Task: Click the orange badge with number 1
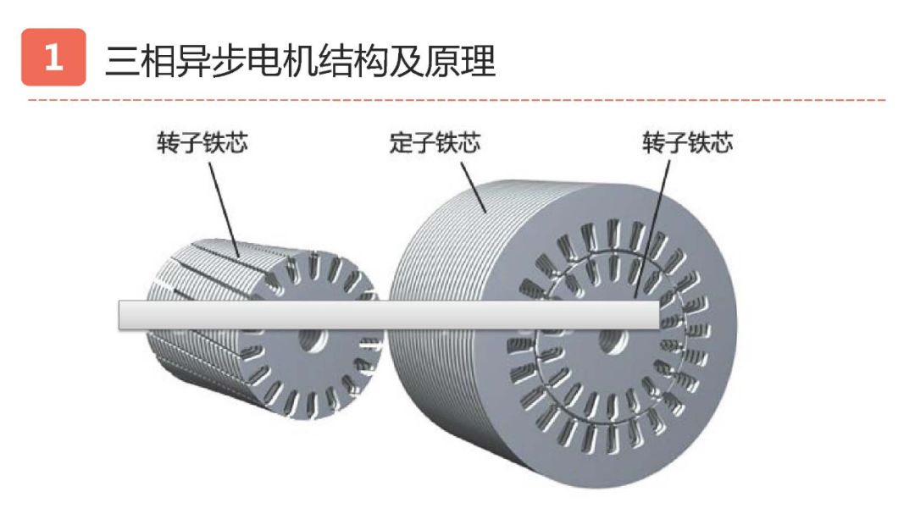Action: [53, 58]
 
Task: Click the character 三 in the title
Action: [121, 60]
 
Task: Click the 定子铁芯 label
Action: [434, 142]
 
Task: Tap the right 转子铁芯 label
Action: [687, 142]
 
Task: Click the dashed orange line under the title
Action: [457, 100]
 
